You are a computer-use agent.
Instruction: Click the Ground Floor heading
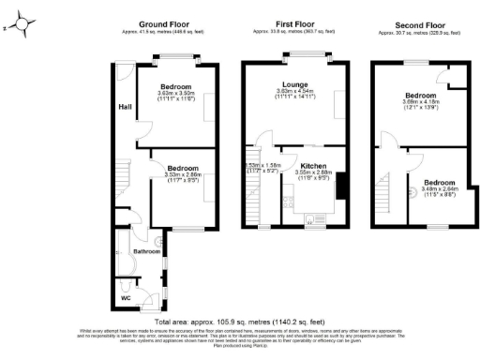(166, 23)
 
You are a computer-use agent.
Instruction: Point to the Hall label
(124, 106)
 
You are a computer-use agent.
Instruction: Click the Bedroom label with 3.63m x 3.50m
(175, 86)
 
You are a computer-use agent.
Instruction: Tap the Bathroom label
(145, 251)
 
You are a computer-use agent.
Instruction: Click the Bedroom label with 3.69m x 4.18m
(419, 96)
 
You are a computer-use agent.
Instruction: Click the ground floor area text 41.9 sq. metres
(166, 32)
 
